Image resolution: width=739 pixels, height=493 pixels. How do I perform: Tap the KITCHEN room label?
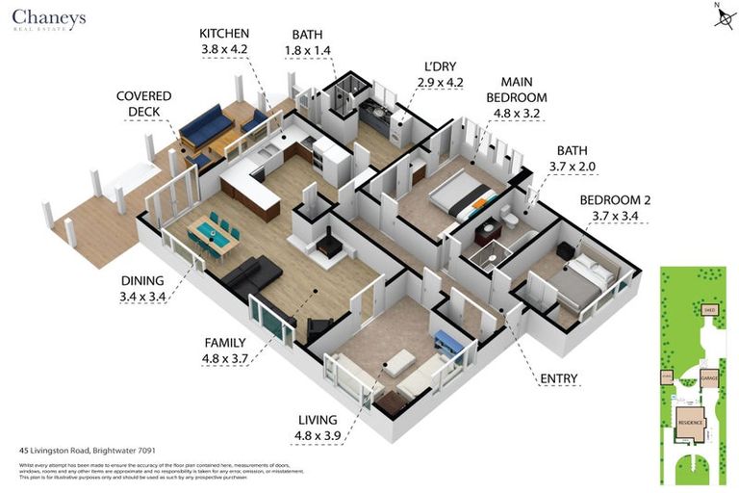click(223, 33)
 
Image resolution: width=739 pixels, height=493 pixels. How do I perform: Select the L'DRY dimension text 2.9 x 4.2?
click(441, 83)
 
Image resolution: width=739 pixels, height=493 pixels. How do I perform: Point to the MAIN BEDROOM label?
click(517, 90)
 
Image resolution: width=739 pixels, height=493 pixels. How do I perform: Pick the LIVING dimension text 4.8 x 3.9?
click(317, 436)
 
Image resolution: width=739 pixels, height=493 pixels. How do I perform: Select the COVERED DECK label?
click(143, 104)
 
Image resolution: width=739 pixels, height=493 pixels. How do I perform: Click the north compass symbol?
click(719, 17)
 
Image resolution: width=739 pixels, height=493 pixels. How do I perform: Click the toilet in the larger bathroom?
click(514, 221)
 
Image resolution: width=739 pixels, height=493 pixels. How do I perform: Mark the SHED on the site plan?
click(709, 310)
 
